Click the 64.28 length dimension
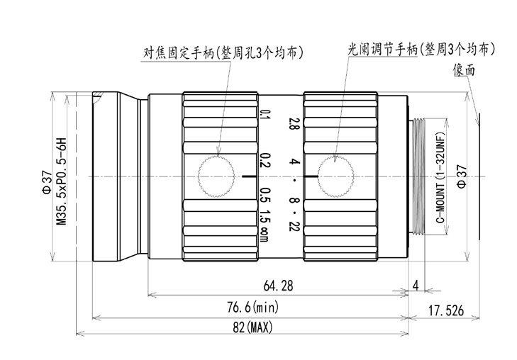[278, 286]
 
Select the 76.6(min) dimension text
[253, 308]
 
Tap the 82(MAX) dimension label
[252, 327]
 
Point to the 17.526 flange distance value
[446, 310]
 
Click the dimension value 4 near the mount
[416, 285]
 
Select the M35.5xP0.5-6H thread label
[62, 181]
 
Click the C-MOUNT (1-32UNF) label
[441, 177]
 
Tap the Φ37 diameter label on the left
[47, 181]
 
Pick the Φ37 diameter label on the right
[462, 176]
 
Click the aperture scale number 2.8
[293, 123]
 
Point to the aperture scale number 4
[294, 162]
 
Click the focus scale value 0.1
[265, 115]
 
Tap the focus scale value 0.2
[265, 160]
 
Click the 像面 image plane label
[464, 70]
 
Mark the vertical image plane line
[479, 176]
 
